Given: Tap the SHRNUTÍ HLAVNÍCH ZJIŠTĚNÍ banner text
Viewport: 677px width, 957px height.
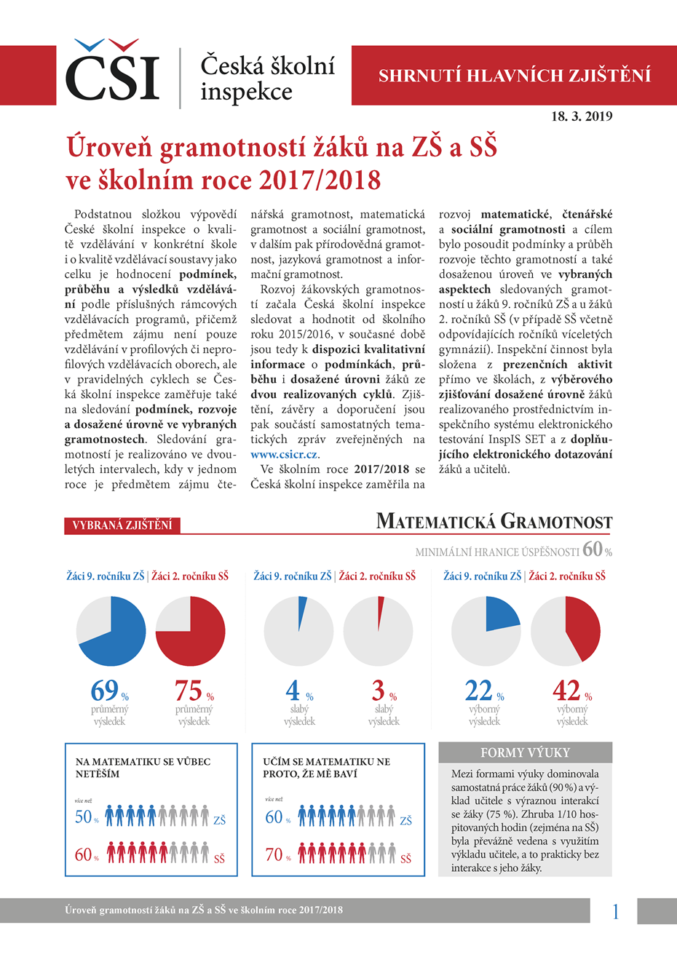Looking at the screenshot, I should (515, 76).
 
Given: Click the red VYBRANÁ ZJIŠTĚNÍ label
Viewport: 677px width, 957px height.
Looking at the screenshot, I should (122, 525).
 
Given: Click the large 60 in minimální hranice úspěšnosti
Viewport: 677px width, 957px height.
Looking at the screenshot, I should (592, 549).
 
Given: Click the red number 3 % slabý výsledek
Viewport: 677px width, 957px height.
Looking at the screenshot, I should (379, 689).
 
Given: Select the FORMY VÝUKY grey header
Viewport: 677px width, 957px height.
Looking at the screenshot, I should (525, 753).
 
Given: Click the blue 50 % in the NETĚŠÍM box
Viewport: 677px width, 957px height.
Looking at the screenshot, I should (84, 817).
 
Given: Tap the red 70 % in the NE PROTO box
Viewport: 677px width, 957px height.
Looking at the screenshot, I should (274, 854).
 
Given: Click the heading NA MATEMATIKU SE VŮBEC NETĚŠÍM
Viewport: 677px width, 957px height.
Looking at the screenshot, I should (143, 768).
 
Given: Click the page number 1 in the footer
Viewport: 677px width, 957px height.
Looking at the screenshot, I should (615, 911).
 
